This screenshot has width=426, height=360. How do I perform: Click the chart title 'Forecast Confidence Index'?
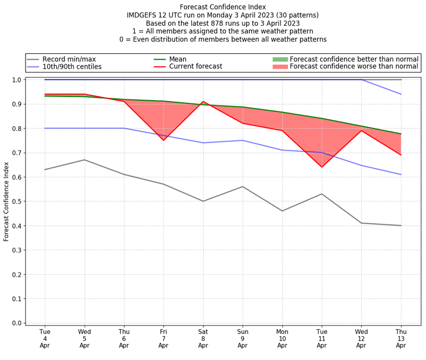[223, 7]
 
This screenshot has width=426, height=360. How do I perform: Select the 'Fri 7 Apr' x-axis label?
[163, 338]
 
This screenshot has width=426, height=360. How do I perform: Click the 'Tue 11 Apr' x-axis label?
[322, 338]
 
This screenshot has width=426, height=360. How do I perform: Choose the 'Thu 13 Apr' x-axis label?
[401, 338]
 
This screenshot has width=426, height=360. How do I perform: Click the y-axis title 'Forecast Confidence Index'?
[7, 201]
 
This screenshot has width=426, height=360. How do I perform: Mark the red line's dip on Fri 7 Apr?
[163, 140]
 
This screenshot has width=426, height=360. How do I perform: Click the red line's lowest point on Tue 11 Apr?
[322, 167]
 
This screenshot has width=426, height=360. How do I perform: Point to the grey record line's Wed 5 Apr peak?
[85, 160]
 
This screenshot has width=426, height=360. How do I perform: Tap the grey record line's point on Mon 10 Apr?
[282, 211]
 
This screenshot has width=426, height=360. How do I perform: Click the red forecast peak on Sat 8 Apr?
[203, 102]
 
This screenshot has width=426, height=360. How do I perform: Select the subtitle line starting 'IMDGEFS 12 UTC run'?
[223, 15]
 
